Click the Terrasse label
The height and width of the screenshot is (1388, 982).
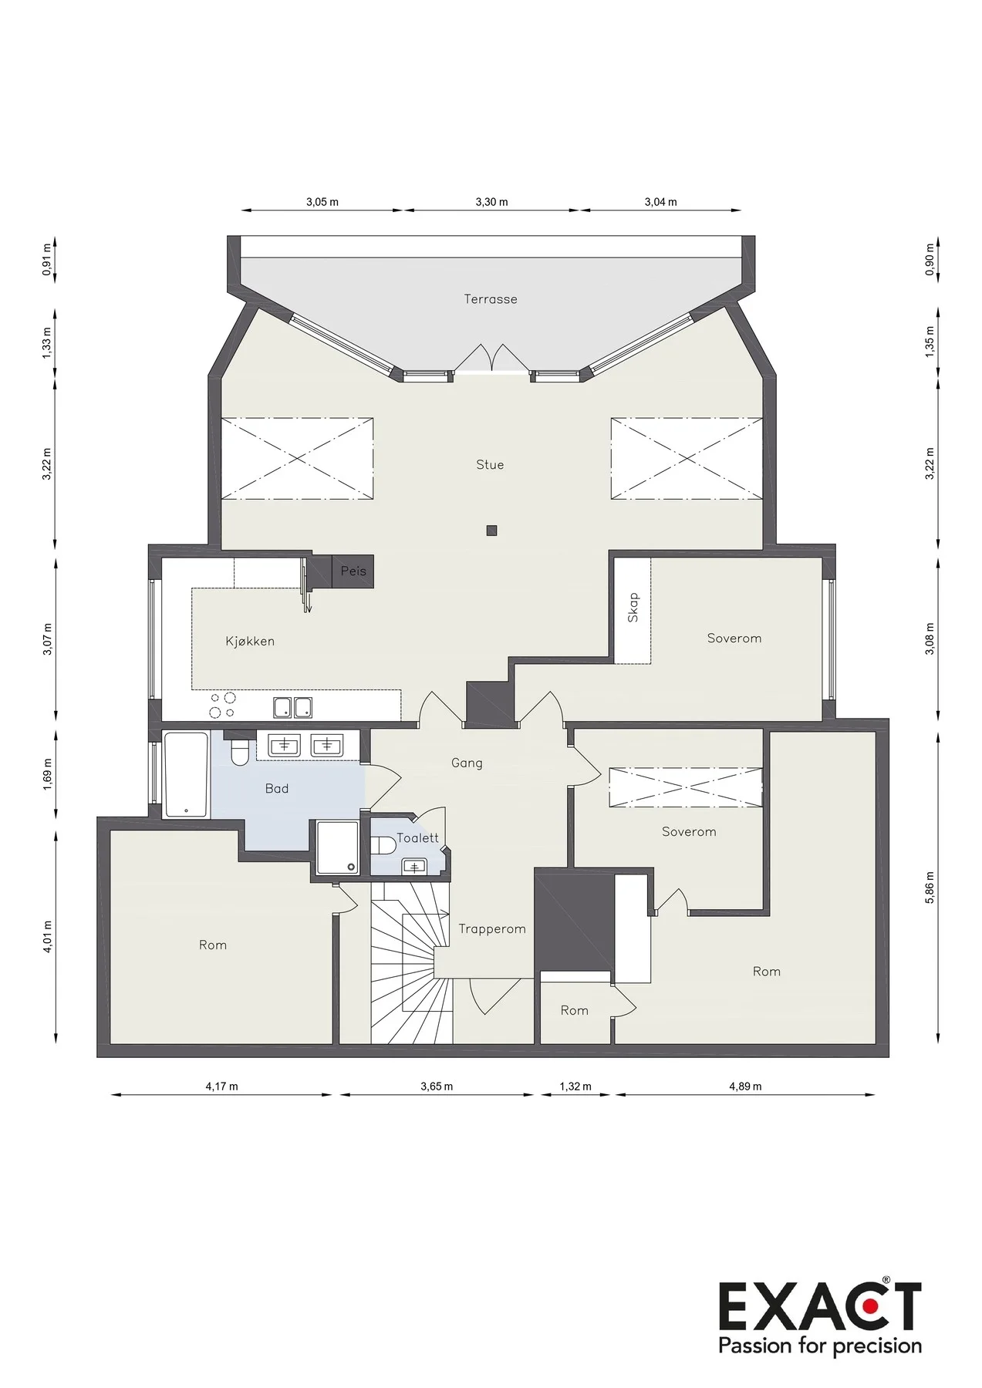click(491, 299)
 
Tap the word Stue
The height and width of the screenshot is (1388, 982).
click(490, 465)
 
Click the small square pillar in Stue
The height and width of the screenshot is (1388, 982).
click(491, 531)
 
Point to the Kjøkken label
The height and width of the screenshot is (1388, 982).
click(250, 641)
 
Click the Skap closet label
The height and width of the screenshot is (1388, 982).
click(633, 608)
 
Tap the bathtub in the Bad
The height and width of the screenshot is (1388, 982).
click(186, 774)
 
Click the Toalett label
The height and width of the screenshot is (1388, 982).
click(417, 838)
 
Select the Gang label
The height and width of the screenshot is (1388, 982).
click(467, 763)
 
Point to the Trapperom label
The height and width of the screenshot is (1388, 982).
click(492, 929)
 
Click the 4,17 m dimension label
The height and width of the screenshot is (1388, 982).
click(221, 1086)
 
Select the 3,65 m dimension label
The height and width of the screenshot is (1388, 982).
click(437, 1086)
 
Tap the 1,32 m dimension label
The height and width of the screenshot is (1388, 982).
click(575, 1086)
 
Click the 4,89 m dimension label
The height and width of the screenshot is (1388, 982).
click(745, 1086)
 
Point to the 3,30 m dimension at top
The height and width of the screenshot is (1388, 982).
click(491, 202)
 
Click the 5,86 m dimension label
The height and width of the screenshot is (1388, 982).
click(930, 888)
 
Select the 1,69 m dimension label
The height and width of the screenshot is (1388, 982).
click(47, 775)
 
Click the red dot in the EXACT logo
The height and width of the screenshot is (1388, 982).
click(870, 1306)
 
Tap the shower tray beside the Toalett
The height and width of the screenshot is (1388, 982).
click(337, 848)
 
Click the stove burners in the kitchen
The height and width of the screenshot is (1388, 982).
click(222, 706)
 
